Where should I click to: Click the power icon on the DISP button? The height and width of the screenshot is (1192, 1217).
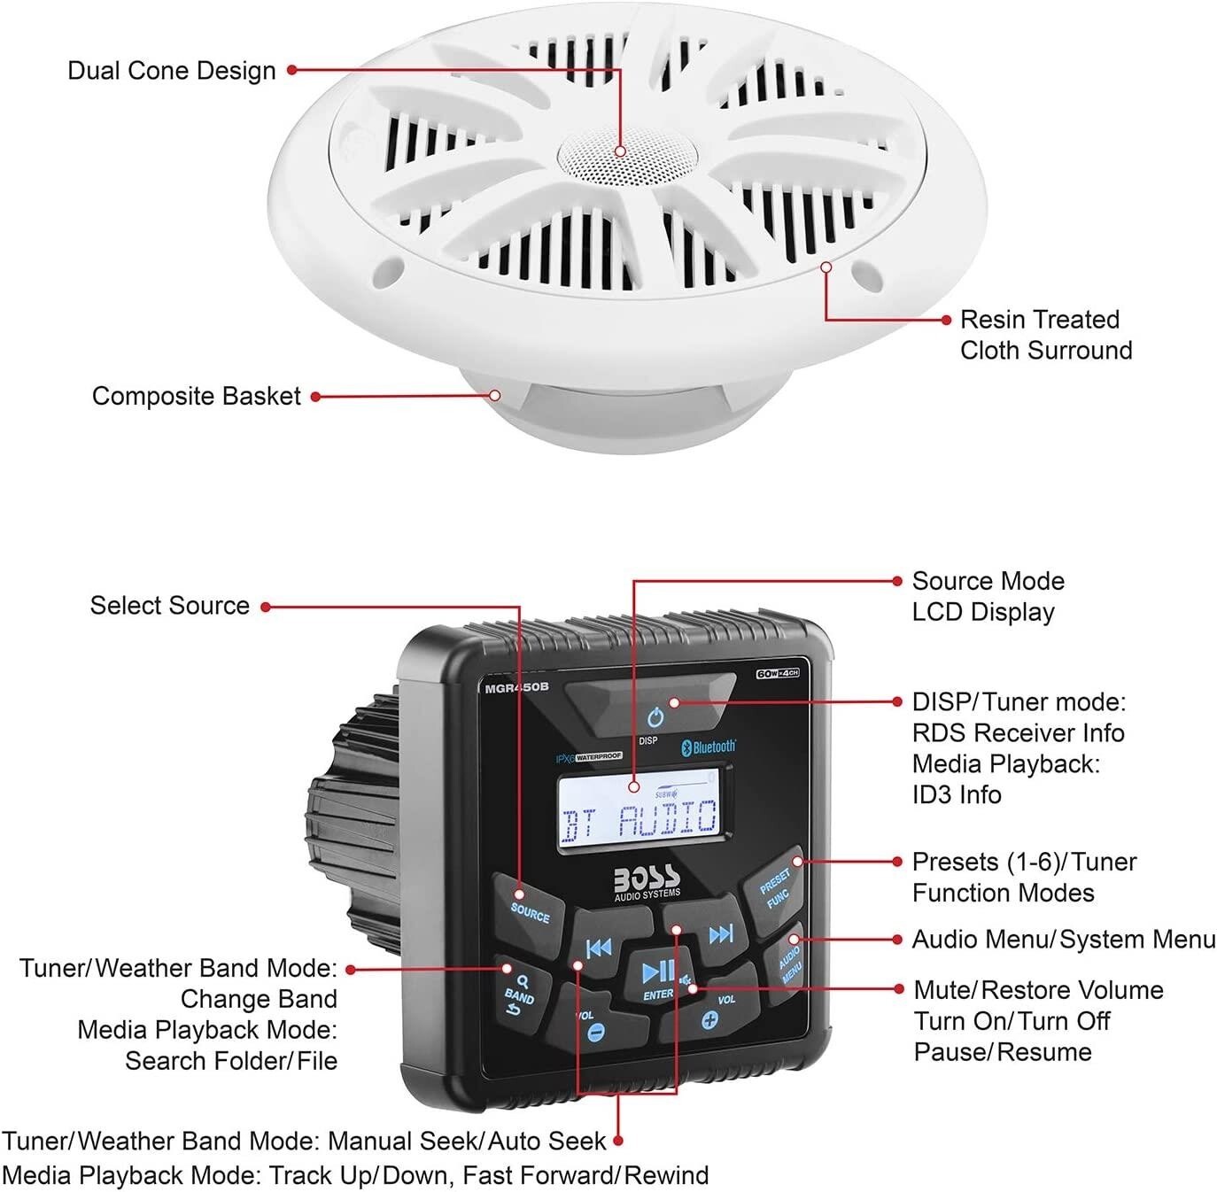[x=655, y=716]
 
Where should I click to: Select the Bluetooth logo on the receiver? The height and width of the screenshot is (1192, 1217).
[x=709, y=747]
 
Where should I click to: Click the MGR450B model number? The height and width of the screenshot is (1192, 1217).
[x=516, y=687]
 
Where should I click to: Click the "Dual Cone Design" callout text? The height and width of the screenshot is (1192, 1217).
[x=172, y=71]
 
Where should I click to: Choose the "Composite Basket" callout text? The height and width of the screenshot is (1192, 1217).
[x=197, y=396]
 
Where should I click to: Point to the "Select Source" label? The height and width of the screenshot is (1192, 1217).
[x=170, y=606]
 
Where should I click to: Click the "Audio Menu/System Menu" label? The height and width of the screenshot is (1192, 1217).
[x=1064, y=940]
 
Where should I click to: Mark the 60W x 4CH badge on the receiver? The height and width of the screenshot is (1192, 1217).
[x=778, y=674]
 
